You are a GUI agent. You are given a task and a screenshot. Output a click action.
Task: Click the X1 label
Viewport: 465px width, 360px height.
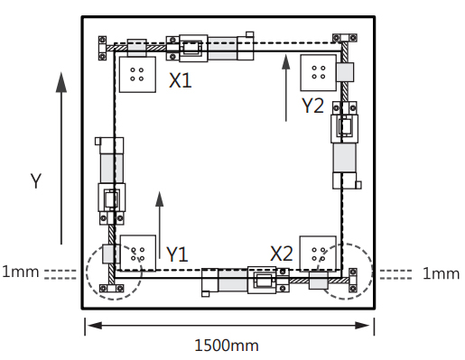pyautogui.click(x=181, y=80)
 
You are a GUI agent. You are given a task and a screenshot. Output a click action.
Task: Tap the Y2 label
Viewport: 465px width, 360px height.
pyautogui.click(x=312, y=106)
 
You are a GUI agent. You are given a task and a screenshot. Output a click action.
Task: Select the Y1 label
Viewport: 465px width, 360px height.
pyautogui.click(x=177, y=254)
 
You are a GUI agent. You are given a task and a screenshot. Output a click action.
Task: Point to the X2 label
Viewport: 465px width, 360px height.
pyautogui.click(x=282, y=254)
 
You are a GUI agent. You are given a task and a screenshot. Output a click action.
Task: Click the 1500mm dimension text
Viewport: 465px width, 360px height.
pyautogui.click(x=227, y=346)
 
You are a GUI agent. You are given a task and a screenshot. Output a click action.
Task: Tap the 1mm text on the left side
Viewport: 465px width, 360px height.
pyautogui.click(x=21, y=272)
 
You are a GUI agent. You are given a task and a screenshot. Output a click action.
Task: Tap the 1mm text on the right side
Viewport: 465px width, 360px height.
pyautogui.click(x=442, y=274)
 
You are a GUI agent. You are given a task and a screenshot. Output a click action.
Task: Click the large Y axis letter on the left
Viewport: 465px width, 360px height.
pyautogui.click(x=36, y=180)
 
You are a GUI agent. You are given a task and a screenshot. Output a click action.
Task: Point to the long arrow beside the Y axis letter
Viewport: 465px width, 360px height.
pyautogui.click(x=61, y=158)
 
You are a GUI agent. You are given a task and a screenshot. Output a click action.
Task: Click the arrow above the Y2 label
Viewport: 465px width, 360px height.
pyautogui.click(x=286, y=88)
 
